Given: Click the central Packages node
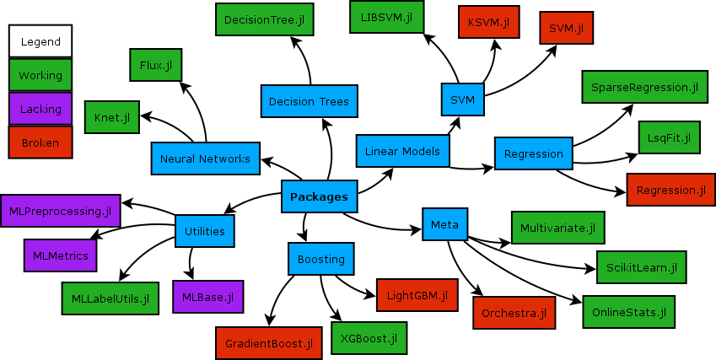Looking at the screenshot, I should [x=319, y=196].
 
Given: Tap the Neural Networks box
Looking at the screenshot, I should [x=205, y=159].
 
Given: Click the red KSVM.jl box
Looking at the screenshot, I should [x=488, y=23].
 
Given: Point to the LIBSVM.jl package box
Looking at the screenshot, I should [x=386, y=17].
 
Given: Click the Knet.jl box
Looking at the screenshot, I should [x=112, y=117].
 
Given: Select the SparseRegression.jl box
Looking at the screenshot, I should [x=644, y=87].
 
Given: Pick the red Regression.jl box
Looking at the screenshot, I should [x=670, y=190].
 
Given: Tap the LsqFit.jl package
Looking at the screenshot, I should [x=670, y=137].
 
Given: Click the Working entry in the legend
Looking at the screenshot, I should [x=40, y=75].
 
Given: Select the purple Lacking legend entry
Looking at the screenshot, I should [x=40, y=109].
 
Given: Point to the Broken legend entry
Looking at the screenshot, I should [x=40, y=142].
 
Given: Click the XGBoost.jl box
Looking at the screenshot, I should [x=369, y=337].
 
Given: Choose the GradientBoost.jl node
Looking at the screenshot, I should [x=268, y=343].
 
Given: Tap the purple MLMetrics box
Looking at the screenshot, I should [x=61, y=255].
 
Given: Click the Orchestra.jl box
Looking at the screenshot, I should [x=514, y=313].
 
